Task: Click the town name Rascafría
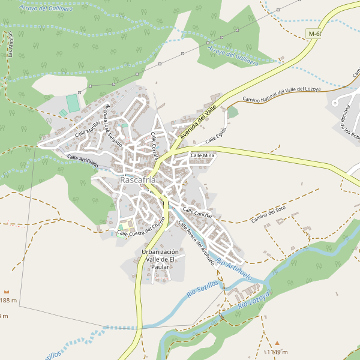point(138,179)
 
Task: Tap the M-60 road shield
point(314,34)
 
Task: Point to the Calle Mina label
point(202,155)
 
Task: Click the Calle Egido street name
point(216,135)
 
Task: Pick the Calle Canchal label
point(197,213)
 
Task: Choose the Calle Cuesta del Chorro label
point(142,228)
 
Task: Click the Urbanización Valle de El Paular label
point(160,259)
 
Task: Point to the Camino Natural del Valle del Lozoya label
point(281,94)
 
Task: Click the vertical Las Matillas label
point(11,45)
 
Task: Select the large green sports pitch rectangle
point(73,103)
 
